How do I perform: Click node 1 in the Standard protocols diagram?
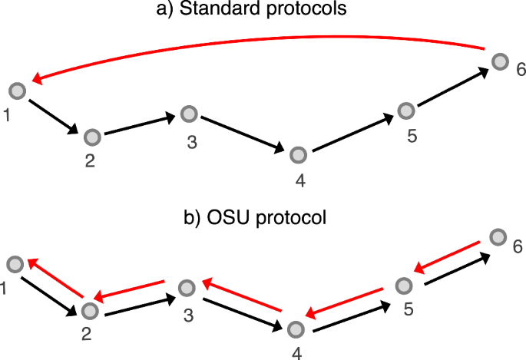pyautogui.click(x=18, y=91)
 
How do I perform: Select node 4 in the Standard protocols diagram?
pyautogui.click(x=299, y=155)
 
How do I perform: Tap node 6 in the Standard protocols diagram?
pyautogui.click(x=500, y=61)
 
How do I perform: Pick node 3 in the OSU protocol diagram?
pyautogui.click(x=187, y=289)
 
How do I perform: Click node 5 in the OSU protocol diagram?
pyautogui.click(x=405, y=286)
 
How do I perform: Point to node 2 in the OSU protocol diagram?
pyautogui.click(x=91, y=311)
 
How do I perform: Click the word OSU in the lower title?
pyautogui.click(x=230, y=217)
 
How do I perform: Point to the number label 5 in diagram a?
pyautogui.click(x=412, y=137)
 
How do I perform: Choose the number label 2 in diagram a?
pyautogui.click(x=89, y=162)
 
